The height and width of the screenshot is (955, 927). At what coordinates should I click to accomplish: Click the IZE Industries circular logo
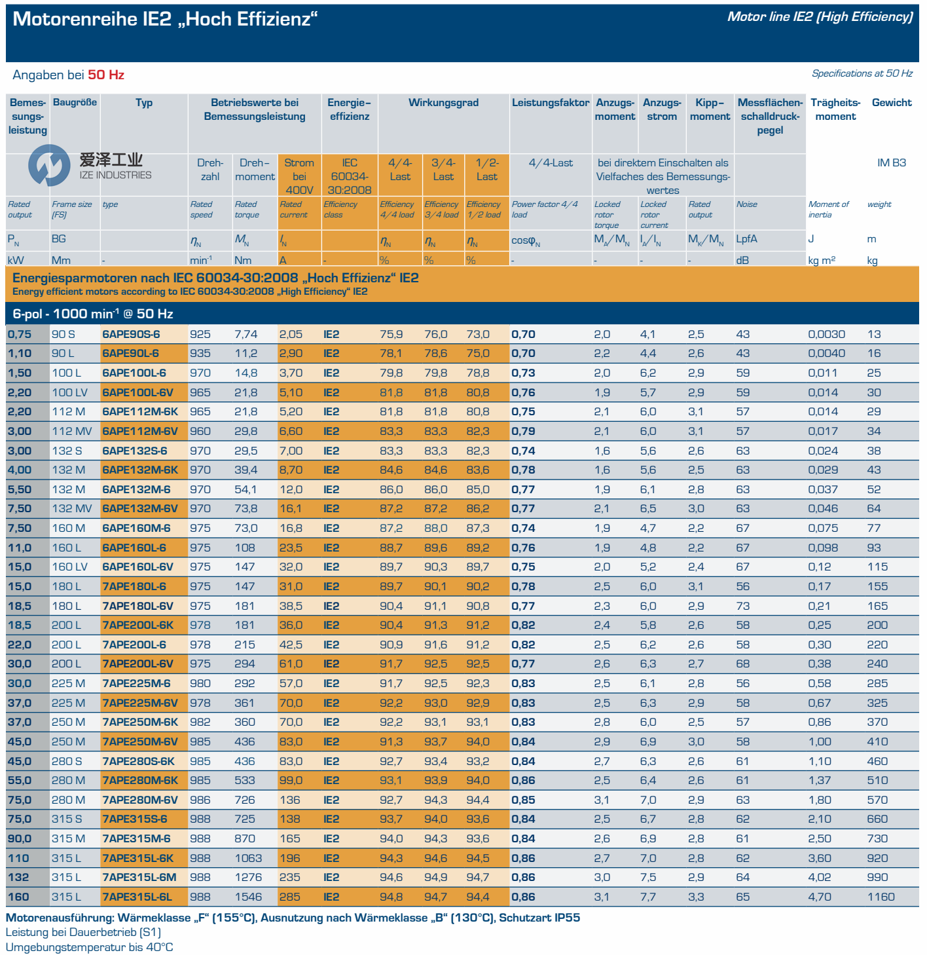pos(48,165)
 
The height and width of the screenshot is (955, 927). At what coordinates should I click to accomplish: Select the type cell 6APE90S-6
pos(131,334)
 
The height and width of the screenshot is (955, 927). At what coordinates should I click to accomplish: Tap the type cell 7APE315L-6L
pos(137,897)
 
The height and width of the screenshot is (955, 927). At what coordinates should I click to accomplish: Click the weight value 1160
pos(881,897)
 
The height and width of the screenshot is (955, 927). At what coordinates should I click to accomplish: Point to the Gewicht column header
pos(891,103)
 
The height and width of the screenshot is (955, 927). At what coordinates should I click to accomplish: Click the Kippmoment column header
pos(710,109)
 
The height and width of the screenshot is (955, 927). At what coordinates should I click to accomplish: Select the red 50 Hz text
pos(106,75)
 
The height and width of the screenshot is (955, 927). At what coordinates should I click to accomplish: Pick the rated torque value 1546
pos(248,897)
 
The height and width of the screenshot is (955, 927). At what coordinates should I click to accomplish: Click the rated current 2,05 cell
pos(291,334)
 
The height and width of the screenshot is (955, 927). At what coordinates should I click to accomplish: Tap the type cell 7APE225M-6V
pos(140,703)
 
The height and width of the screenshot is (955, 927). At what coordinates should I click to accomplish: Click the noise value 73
pos(742,606)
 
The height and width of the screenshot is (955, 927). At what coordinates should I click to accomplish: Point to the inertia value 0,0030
pos(826,334)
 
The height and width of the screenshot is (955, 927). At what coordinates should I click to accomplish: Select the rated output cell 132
pos(18,877)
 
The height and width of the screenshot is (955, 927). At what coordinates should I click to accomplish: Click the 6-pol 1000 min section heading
pos(93,314)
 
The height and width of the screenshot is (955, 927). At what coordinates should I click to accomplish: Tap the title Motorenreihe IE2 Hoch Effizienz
pos(165,19)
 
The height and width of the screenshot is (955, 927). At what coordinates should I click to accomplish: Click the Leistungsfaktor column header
pos(550,103)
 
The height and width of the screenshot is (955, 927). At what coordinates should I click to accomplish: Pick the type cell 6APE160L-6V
pos(137,567)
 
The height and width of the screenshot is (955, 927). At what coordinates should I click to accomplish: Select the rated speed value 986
pos(200,800)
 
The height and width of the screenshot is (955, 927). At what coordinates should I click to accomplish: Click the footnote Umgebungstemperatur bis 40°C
pos(89,947)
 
